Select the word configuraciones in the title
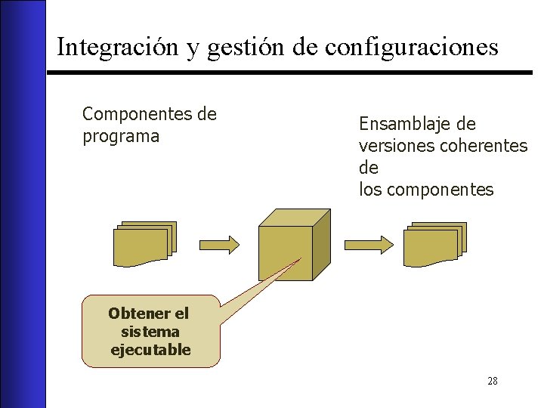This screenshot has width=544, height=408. click(412, 48)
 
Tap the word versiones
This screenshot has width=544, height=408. click(397, 145)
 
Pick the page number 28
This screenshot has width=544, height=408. click(492, 381)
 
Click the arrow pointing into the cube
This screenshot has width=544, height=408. click(220, 244)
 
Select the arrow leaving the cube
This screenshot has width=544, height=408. click(368, 244)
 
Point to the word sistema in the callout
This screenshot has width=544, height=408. click(150, 332)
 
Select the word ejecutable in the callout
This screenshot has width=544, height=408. click(150, 350)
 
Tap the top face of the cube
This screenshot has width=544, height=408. click(295, 216)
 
